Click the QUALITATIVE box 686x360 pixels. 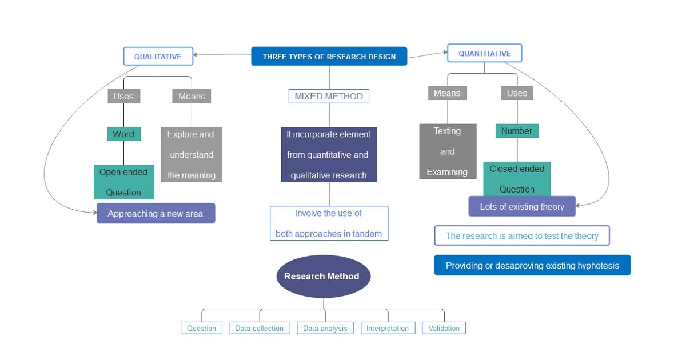[x=157, y=57]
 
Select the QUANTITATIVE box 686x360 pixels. [x=484, y=53]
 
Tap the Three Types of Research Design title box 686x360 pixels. [x=329, y=57]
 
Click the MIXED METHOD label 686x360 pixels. [x=329, y=97]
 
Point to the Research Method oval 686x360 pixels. [x=323, y=277]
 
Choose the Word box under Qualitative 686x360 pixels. [x=123, y=134]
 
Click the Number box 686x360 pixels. [x=517, y=131]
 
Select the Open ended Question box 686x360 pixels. [x=123, y=182]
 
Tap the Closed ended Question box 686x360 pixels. [x=517, y=178]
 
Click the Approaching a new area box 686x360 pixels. [x=155, y=214]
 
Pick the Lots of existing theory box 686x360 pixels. [x=521, y=207]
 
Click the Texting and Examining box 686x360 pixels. [x=447, y=151]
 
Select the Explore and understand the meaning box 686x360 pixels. [x=192, y=154]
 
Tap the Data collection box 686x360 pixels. [x=260, y=328]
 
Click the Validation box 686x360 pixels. [x=444, y=328]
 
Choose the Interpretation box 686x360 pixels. [x=388, y=328]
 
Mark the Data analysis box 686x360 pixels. [x=325, y=328]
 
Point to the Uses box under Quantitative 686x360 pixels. [x=517, y=93]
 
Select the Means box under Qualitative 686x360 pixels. [x=192, y=97]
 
